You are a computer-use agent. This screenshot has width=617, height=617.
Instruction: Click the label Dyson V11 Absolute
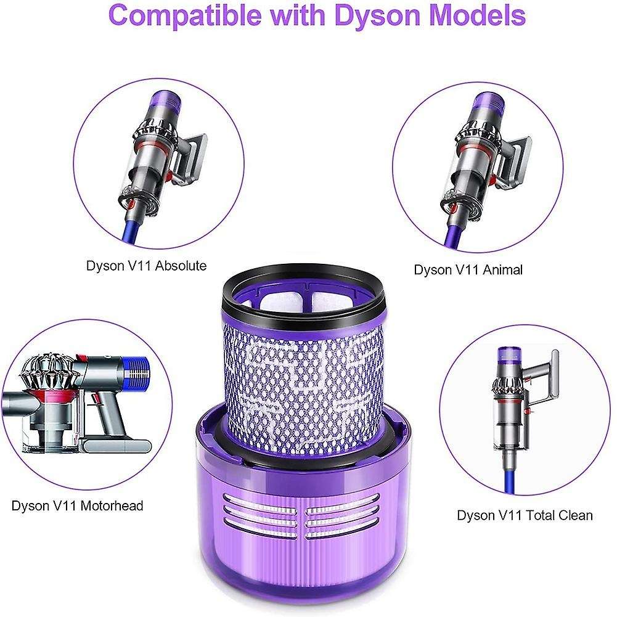point(146,266)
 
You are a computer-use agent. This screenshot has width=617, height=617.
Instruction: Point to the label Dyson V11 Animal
point(468,269)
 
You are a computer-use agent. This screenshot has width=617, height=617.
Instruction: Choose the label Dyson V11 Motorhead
point(78,505)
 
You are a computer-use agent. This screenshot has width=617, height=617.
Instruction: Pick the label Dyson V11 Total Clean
point(525,515)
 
